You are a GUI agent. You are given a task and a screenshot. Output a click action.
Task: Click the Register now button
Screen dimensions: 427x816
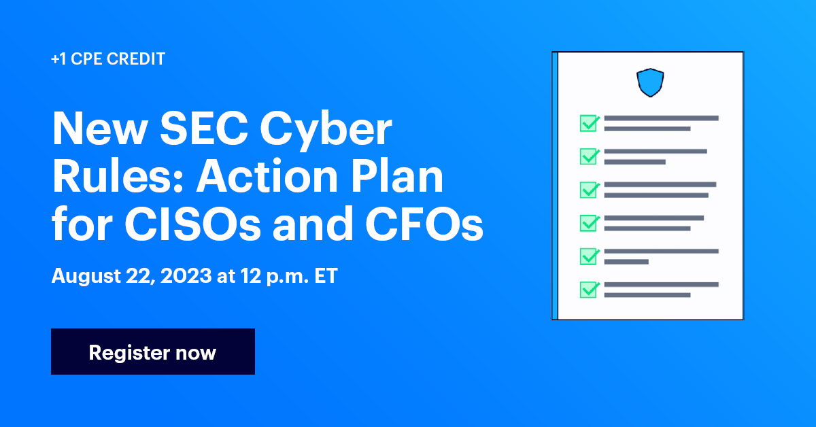152,352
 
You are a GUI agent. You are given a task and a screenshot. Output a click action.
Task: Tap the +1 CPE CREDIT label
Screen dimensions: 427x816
107,59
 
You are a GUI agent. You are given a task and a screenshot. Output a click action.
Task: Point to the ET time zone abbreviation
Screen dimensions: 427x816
325,277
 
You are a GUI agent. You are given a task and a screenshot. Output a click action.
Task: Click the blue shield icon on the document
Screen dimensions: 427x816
649,82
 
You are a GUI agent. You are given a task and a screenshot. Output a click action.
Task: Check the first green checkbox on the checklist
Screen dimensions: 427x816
588,123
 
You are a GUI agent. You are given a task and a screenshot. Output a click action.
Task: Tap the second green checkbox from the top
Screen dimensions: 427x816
588,156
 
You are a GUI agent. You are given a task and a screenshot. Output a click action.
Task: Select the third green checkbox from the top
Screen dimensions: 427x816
588,190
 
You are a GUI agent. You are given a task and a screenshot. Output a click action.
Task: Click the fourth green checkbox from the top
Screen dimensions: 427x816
588,223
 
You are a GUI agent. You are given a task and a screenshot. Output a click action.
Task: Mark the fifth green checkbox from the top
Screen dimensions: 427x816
588,256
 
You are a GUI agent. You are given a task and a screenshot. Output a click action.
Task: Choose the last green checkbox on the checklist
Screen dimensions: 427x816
588,290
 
